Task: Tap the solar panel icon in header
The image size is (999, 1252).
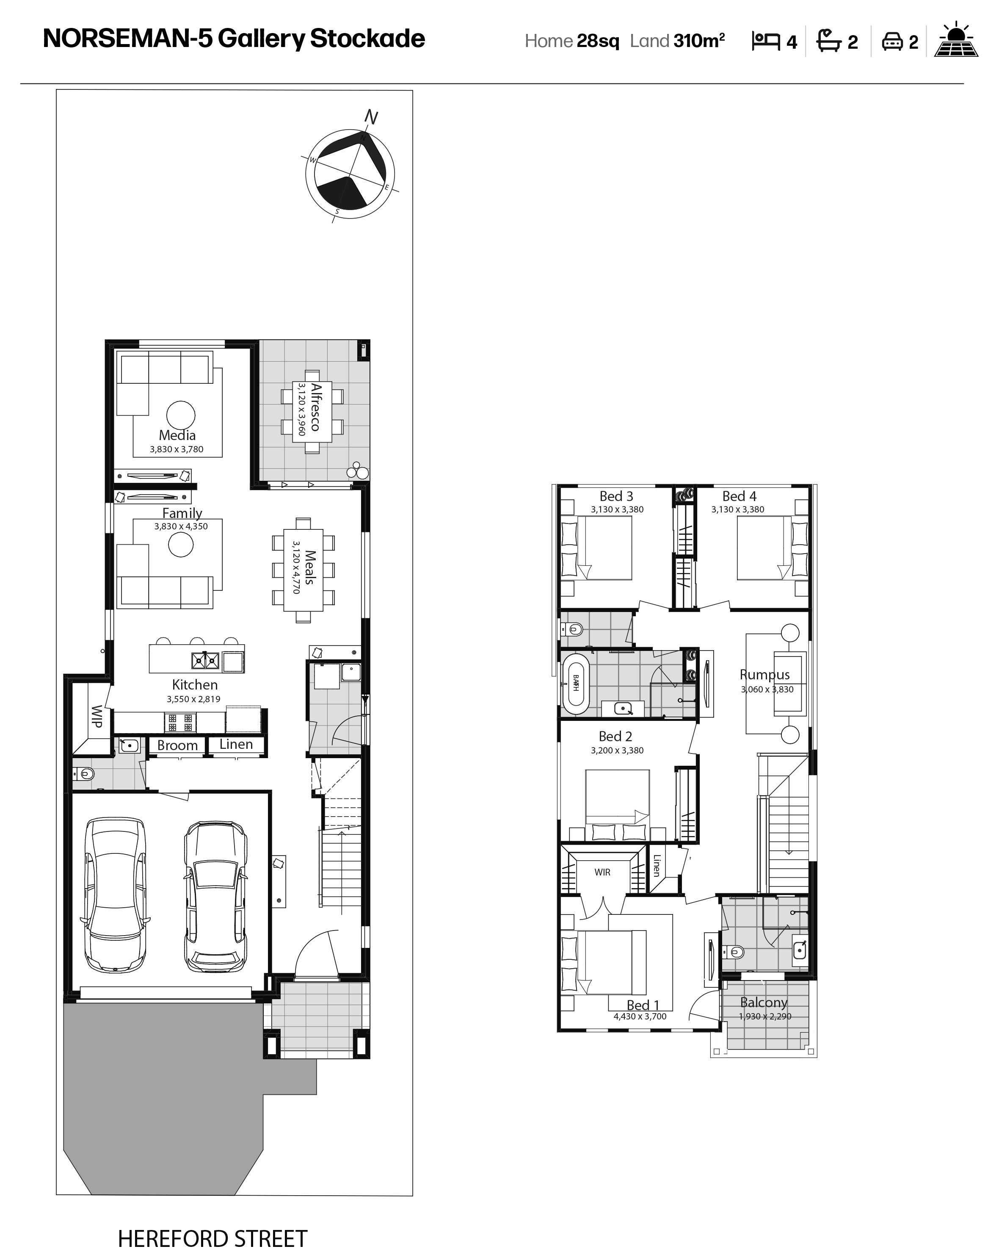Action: [955, 40]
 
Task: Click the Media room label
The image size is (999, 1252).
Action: [177, 435]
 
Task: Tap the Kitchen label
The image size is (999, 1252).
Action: [194, 684]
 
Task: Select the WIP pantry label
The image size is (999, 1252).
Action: [97, 716]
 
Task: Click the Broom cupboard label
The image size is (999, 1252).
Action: [177, 745]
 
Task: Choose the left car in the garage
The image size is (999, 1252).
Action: [115, 895]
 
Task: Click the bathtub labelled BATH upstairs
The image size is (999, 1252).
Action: [576, 684]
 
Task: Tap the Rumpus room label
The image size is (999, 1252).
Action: [764, 675]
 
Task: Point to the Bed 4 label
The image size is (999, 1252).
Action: [739, 496]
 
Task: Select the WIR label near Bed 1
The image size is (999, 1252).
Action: [602, 872]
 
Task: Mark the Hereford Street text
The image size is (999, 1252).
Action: [212, 1238]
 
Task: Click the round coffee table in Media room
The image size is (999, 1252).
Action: [180, 415]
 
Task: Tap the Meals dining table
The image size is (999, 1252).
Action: [303, 570]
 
